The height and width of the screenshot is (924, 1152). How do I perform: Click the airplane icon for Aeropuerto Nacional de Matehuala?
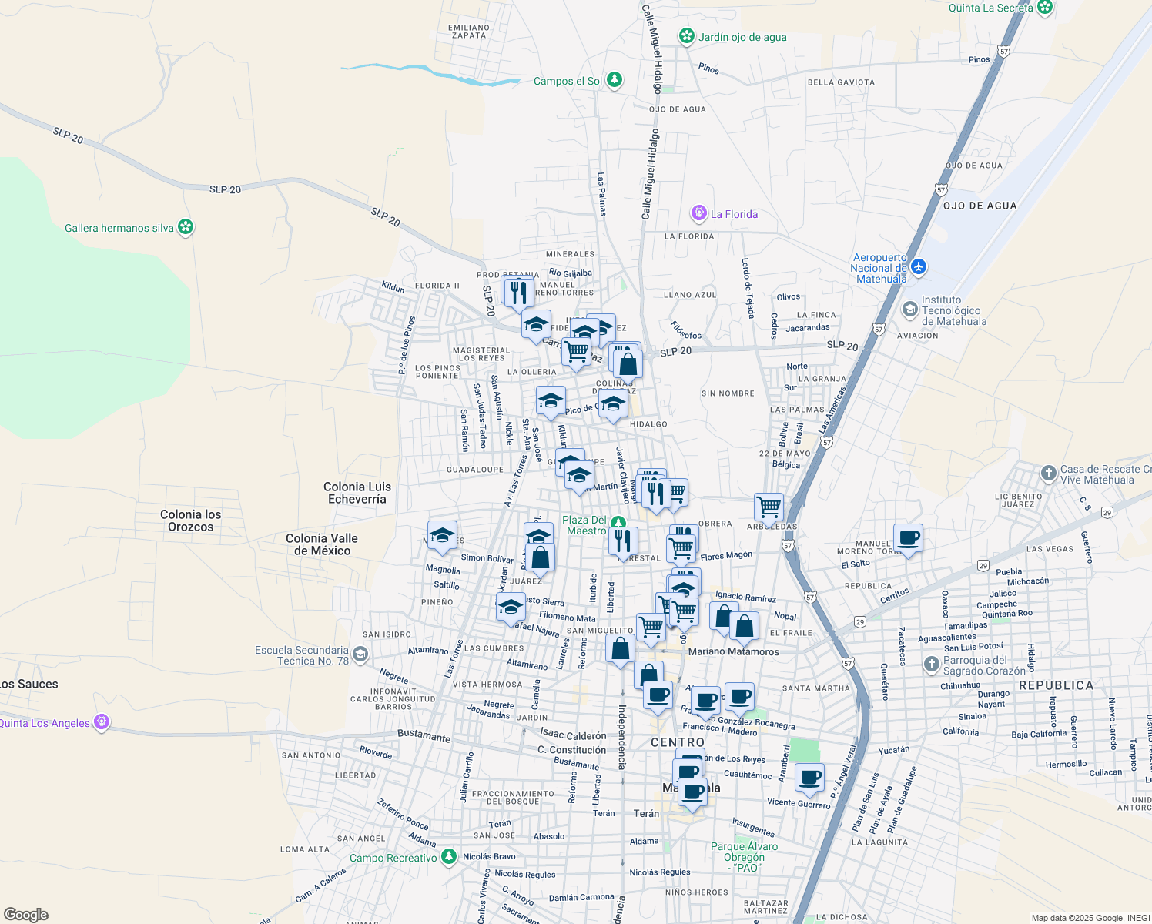point(918,267)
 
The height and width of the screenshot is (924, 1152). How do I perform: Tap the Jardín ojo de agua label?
point(742,37)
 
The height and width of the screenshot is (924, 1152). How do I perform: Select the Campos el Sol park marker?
point(614,80)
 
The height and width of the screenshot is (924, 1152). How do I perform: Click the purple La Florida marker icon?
point(698,213)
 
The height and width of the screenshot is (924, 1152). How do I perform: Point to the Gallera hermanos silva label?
point(119,228)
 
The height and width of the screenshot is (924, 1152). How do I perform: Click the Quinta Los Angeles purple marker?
point(101,722)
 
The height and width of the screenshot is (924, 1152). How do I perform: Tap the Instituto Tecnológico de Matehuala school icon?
point(909,310)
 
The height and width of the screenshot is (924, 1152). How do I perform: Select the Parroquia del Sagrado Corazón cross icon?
point(931,665)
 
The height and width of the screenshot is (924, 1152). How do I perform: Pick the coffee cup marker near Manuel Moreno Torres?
point(908,537)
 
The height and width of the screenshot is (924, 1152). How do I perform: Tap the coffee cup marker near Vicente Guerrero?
point(809,778)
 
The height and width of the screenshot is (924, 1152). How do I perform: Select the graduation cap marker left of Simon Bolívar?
point(442,535)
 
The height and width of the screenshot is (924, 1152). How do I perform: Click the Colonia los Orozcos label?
point(190,521)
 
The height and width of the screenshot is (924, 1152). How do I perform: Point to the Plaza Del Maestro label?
point(584,525)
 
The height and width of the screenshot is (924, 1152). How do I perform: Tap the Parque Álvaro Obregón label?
point(744,856)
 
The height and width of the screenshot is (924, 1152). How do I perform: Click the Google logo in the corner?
point(25,915)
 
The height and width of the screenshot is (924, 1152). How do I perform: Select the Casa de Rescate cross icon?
point(1048,473)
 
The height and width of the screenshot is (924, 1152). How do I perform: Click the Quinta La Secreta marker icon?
point(1045,8)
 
